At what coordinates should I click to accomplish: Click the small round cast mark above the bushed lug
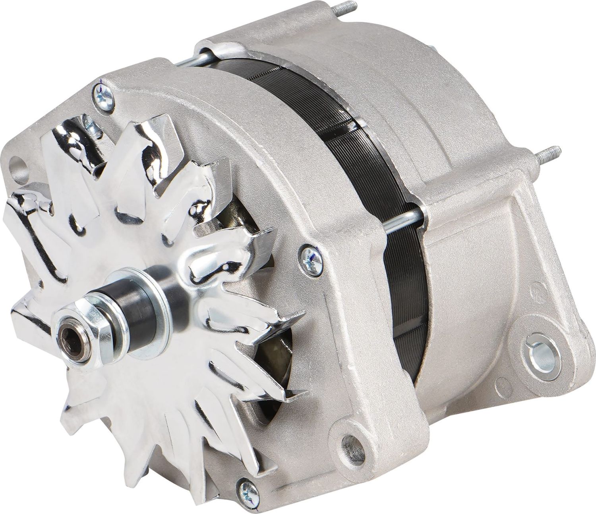click(x=538, y=286)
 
